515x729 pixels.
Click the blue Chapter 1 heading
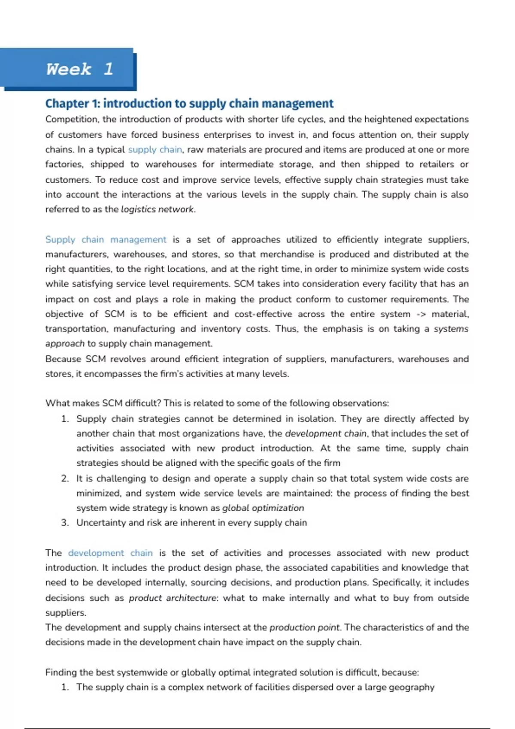coord(189,103)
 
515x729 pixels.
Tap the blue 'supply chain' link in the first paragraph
coord(155,150)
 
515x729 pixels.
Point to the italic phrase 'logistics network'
coord(158,209)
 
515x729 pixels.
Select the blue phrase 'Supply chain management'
coord(106,239)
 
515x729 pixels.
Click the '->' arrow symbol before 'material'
coord(421,314)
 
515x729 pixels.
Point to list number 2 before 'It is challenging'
coord(65,478)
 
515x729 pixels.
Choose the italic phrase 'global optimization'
coord(263,508)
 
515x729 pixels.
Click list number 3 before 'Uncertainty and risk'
coord(65,523)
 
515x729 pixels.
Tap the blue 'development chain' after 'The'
coord(110,553)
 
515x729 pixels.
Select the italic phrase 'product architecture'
coord(173,598)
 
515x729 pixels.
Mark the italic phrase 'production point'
coord(305,627)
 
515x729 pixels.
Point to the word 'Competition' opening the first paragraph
coord(72,119)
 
